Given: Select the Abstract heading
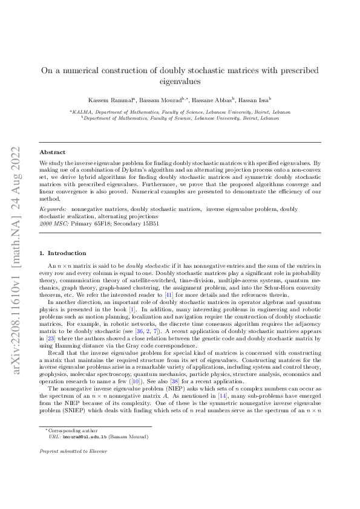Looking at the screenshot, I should pyautogui.click(x=52, y=152).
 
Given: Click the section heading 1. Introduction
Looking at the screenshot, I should pyautogui.click(x=62, y=253).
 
